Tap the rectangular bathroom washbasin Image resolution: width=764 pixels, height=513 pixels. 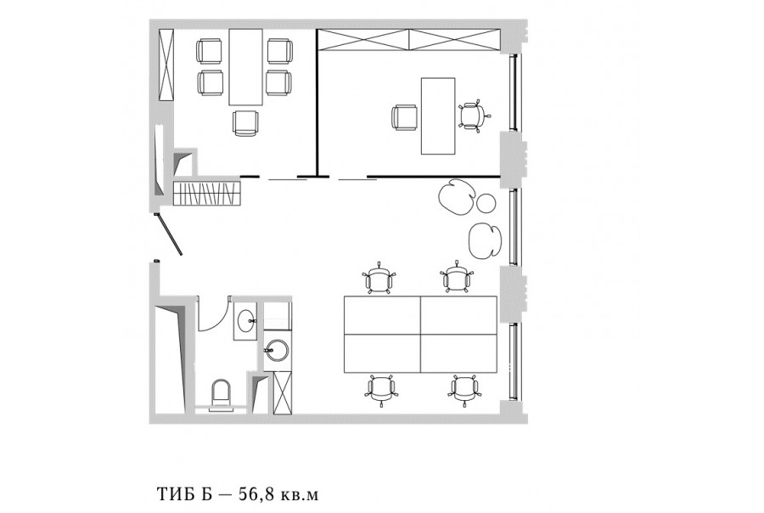[245, 321]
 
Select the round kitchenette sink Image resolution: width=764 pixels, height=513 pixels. [276, 350]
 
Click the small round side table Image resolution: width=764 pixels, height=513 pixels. [486, 203]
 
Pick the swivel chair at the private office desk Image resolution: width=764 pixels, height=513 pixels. [472, 116]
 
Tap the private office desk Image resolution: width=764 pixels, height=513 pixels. [438, 116]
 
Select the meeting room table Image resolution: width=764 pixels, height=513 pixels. [245, 67]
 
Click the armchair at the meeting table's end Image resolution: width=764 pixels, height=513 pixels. [245, 123]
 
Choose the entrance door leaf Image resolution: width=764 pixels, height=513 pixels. [169, 234]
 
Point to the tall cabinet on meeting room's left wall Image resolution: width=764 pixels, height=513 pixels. [166, 65]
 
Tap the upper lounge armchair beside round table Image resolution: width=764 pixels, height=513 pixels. [457, 197]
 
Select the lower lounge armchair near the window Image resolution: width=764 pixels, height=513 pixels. [485, 241]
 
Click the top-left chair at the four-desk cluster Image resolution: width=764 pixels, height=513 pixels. [379, 279]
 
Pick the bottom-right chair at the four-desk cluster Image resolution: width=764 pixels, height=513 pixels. [463, 390]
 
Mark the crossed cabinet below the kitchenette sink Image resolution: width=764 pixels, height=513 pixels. [282, 393]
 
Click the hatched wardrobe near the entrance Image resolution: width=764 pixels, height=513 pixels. [207, 193]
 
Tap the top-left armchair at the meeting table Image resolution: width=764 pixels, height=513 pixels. [209, 51]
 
